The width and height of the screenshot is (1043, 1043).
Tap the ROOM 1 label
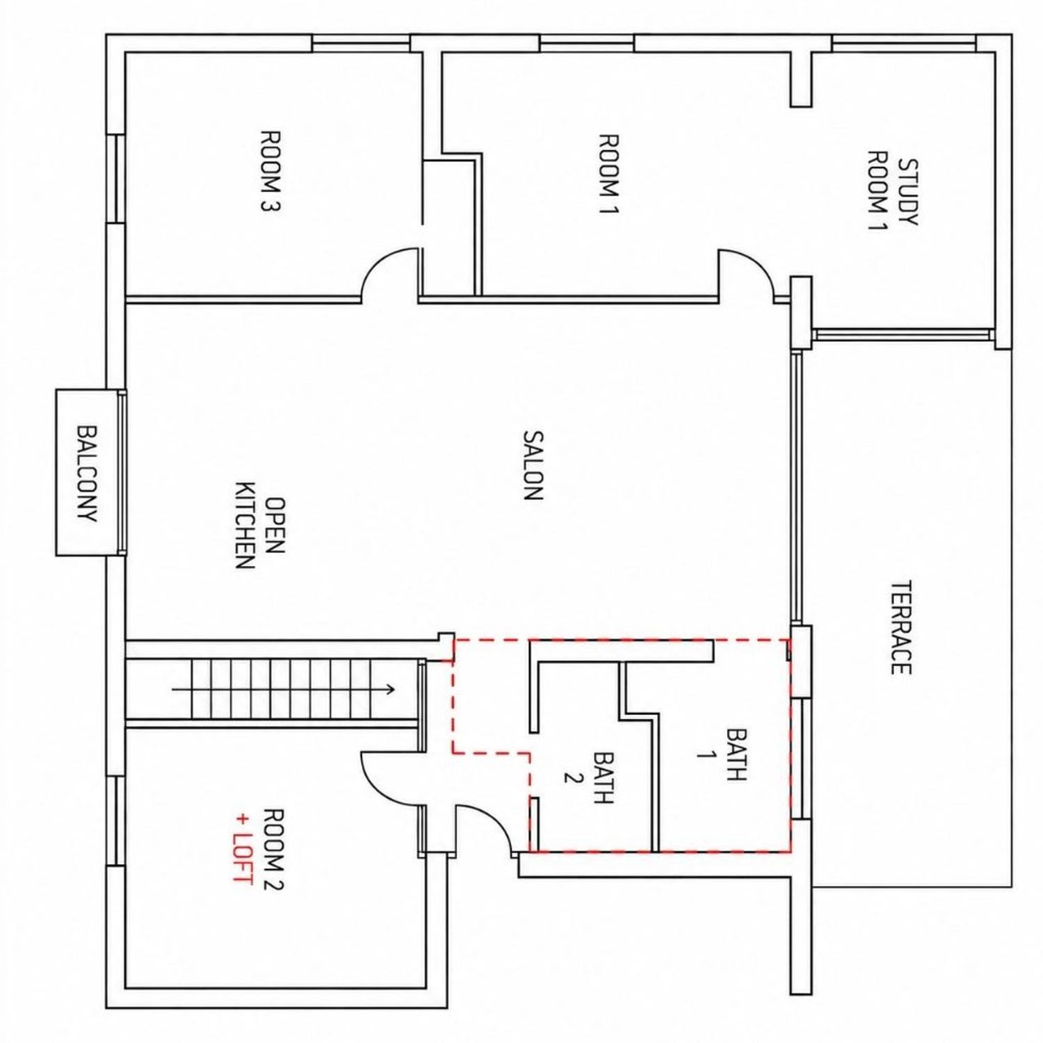click(608, 175)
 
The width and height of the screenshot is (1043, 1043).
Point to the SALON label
click(533, 465)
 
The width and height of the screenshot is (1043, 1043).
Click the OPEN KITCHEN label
click(260, 525)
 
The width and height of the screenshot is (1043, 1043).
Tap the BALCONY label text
click(88, 474)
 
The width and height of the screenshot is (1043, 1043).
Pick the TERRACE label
click(900, 627)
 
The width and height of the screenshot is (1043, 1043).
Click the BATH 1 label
click(722, 754)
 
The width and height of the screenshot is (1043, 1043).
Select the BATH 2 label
click(588, 777)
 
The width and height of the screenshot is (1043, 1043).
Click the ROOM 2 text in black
click(275, 849)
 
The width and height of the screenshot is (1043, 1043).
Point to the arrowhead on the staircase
click(390, 690)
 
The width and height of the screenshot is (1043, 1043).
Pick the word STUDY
click(908, 192)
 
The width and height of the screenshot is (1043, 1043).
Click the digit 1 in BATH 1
click(705, 754)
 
